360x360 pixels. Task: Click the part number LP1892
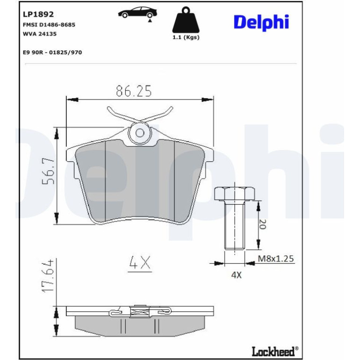pos(38,14)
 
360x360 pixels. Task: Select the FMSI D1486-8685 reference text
pos(49,25)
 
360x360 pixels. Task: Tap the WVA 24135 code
pos(39,34)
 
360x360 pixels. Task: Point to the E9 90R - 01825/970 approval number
pos(52,52)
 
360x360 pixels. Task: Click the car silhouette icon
pos(137,13)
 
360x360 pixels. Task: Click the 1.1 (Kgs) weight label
pos(186,37)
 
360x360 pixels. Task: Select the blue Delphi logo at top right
pos(261,22)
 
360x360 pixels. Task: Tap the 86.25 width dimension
pos(134,91)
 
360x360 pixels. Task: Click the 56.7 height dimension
pos(48,171)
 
